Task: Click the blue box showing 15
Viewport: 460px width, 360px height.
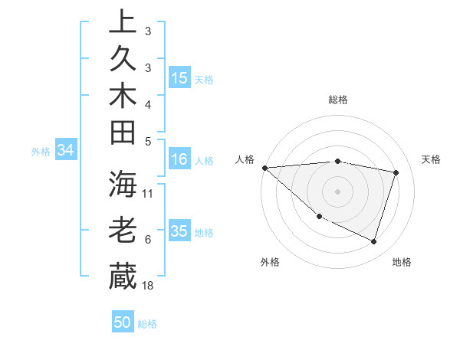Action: tap(179, 78)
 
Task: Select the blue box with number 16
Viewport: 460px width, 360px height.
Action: tap(179, 160)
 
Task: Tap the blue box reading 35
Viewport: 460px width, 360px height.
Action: tap(179, 231)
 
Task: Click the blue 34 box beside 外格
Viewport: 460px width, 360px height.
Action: tap(66, 151)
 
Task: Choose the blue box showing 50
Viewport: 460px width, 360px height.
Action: tap(123, 322)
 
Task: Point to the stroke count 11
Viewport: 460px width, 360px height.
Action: tap(148, 194)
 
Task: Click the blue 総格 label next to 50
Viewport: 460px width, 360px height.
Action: tap(147, 324)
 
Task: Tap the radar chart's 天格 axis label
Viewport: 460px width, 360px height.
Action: tap(432, 159)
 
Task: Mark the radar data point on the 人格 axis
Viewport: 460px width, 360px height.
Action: tap(264, 167)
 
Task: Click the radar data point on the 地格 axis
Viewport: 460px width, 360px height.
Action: tap(373, 241)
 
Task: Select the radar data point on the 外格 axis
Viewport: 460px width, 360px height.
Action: tap(319, 217)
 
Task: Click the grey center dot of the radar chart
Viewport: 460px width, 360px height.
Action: tap(337, 191)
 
